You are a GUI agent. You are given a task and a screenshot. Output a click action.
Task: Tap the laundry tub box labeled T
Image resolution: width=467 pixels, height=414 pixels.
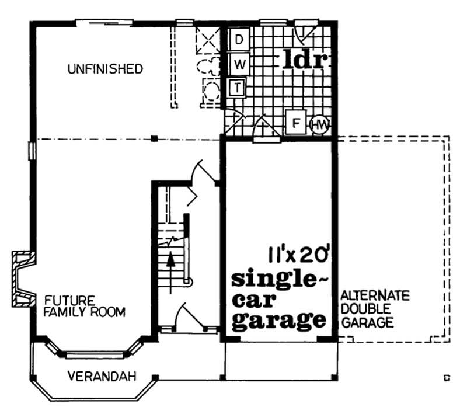(238, 88)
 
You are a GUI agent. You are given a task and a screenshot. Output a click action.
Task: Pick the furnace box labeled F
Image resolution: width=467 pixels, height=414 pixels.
(296, 124)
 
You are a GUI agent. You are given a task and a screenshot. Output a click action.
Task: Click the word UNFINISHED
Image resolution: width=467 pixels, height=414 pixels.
(104, 69)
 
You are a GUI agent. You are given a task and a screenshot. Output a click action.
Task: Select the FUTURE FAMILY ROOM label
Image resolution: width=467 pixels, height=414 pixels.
(85, 307)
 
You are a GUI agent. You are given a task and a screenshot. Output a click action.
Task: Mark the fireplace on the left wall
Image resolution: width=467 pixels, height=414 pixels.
(22, 279)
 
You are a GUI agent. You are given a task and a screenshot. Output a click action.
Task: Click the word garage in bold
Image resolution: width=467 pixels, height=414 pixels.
(278, 320)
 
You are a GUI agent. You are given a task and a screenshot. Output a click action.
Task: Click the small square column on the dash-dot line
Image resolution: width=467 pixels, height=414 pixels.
(154, 138)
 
